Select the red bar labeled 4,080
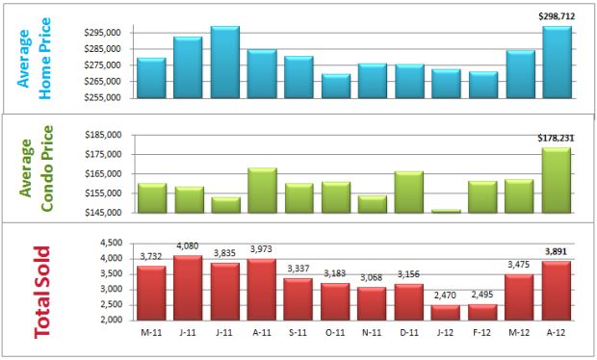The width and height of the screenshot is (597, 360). tap(188, 287)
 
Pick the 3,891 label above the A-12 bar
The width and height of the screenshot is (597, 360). tap(557, 251)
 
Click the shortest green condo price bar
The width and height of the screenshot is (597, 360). tap(446, 211)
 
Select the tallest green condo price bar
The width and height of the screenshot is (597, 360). tap(557, 180)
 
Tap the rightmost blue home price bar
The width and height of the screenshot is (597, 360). tap(557, 62)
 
